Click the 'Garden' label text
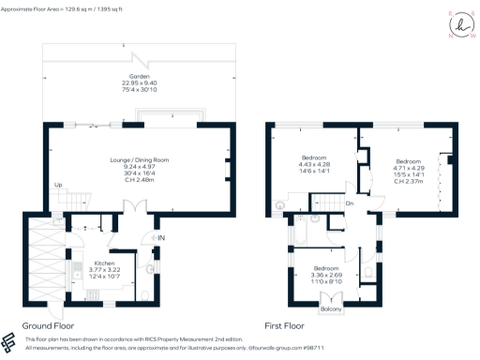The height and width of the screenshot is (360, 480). point(139,75)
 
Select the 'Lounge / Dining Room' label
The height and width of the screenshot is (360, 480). point(139,160)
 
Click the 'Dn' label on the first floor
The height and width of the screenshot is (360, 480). point(349,203)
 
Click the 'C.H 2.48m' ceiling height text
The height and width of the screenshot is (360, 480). point(139,180)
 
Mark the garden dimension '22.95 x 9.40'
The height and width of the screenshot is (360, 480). point(139,82)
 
